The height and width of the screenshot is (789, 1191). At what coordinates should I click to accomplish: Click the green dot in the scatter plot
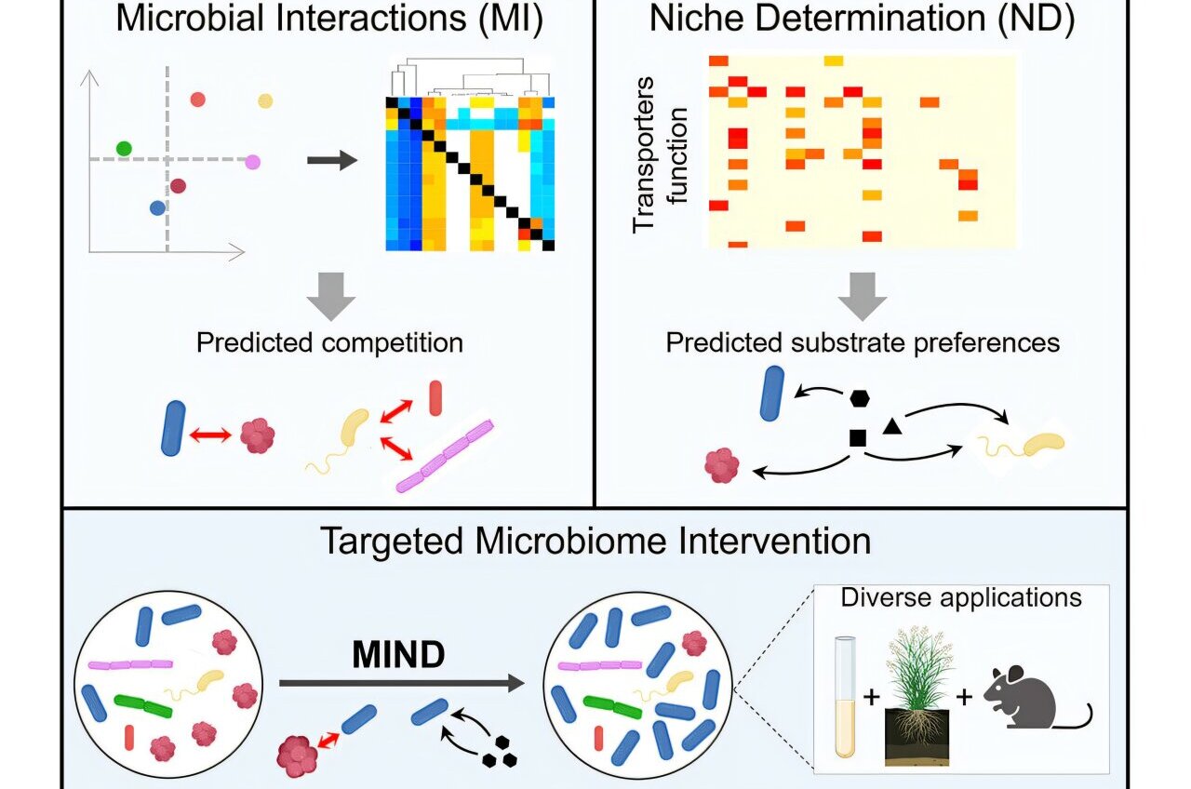pyautogui.click(x=124, y=148)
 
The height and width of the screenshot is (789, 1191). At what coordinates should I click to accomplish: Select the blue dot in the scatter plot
pyautogui.click(x=157, y=208)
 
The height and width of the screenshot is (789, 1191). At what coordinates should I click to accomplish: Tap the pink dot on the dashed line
pyautogui.click(x=252, y=162)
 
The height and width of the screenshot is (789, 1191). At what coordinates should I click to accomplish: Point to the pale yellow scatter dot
pyautogui.click(x=265, y=100)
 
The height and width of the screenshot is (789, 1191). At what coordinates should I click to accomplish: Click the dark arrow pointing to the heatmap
pyautogui.click(x=332, y=161)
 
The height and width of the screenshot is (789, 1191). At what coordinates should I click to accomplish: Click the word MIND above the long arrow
pyautogui.click(x=399, y=656)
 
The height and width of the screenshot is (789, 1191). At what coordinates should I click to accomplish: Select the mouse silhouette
pyautogui.click(x=1028, y=698)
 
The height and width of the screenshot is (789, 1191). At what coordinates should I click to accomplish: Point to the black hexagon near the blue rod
pyautogui.click(x=860, y=398)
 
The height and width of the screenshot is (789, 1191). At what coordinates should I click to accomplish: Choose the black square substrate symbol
pyautogui.click(x=858, y=436)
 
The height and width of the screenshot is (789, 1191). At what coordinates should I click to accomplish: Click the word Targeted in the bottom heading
pyautogui.click(x=392, y=541)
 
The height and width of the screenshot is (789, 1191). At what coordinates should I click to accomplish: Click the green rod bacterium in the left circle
pyautogui.click(x=143, y=705)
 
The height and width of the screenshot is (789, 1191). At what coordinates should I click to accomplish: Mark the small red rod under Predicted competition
pyautogui.click(x=435, y=396)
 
